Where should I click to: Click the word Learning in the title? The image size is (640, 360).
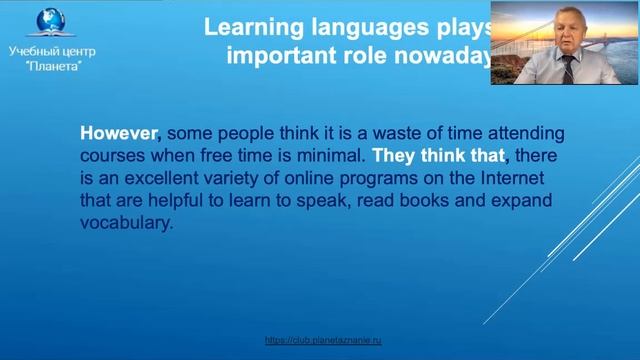[247, 26]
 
